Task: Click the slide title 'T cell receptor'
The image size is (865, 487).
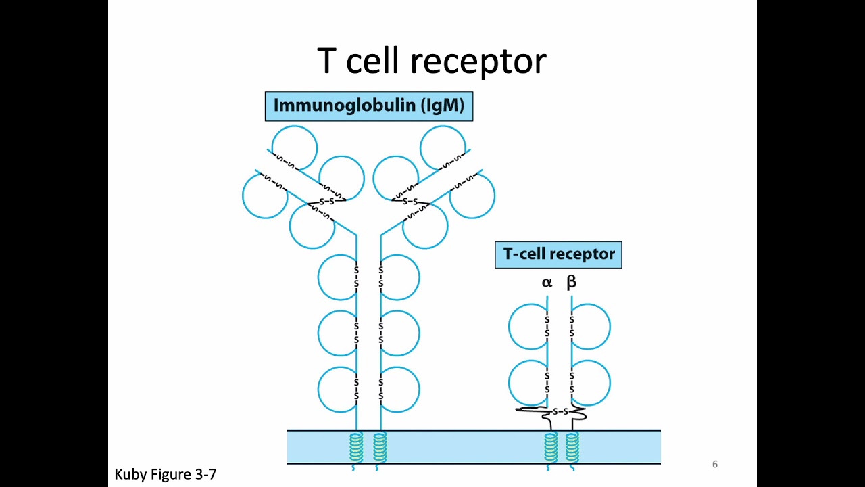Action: pos(431,61)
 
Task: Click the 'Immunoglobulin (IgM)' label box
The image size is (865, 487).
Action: pos(369,106)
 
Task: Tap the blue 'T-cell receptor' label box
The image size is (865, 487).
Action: pos(558,254)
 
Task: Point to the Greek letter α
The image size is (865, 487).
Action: pos(547,283)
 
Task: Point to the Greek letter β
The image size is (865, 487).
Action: pos(571,282)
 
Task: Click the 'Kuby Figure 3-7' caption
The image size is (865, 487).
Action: pos(166,474)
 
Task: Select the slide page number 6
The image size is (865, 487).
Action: pos(714,464)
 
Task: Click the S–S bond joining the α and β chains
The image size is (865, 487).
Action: pos(560,411)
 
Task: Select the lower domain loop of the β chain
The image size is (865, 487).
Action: pos(591,383)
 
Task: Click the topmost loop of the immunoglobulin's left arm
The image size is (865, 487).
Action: pos(295,147)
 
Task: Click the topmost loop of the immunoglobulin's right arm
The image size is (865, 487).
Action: pos(443,147)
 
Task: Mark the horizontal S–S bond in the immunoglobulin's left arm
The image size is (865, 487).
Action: pos(327,201)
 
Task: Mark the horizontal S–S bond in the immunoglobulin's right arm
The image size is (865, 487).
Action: pos(410,201)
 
